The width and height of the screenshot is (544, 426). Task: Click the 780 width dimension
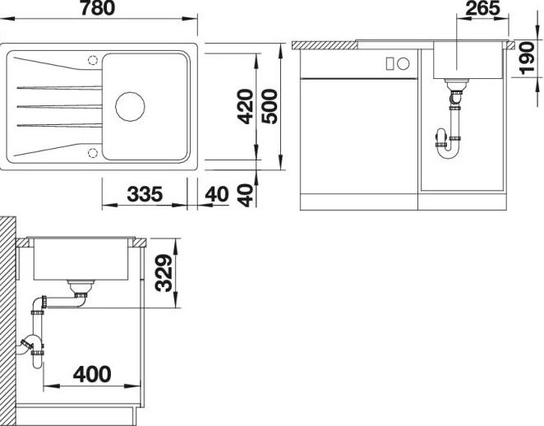(x=98, y=8)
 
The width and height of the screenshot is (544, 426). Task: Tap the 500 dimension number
(x=270, y=107)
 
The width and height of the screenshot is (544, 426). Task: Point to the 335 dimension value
(x=145, y=194)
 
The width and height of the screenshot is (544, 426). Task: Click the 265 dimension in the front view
(x=482, y=8)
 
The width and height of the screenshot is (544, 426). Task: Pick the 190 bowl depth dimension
(x=527, y=58)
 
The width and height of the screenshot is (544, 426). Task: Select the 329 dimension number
(x=164, y=273)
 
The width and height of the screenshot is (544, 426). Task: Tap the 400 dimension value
(x=92, y=374)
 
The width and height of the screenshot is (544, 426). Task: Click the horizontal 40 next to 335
(x=217, y=194)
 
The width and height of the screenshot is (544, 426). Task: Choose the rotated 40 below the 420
(x=246, y=195)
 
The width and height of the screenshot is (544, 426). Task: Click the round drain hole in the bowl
(x=130, y=107)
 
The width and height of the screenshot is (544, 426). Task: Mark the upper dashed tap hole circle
(x=93, y=60)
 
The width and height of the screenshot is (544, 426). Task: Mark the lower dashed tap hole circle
(x=93, y=153)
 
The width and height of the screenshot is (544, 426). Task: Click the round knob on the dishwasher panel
(x=403, y=64)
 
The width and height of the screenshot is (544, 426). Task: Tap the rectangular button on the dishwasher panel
(x=390, y=64)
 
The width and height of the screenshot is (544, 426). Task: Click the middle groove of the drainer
(x=59, y=106)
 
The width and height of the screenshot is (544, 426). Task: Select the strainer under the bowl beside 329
(x=81, y=288)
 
